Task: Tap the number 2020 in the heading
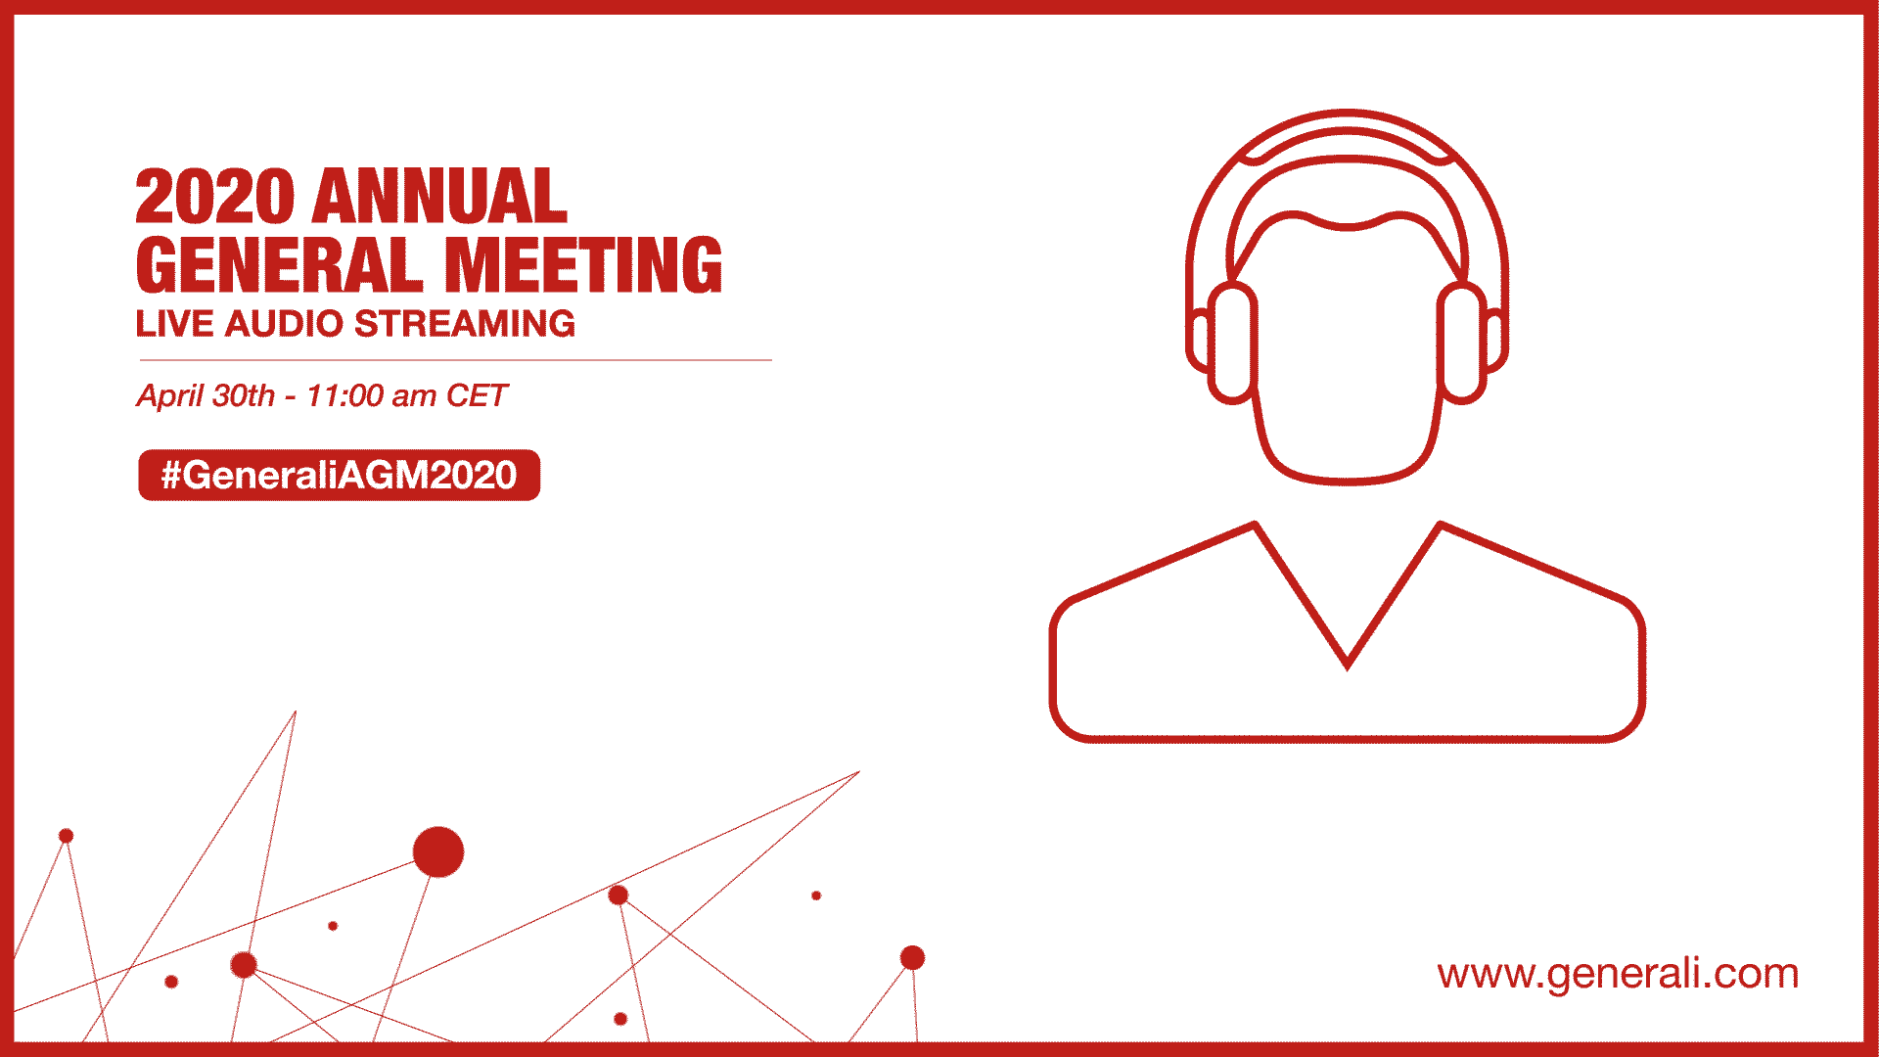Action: pos(214,197)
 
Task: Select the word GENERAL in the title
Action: pos(280,265)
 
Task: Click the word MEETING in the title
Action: pos(583,265)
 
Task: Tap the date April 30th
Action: pos(206,395)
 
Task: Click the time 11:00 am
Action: pos(371,395)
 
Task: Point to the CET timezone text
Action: pos(477,395)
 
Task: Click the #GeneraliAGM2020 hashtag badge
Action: pos(339,475)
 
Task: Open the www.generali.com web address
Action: pos(1618,974)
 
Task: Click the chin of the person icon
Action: pos(1347,480)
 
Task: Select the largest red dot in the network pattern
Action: pos(438,851)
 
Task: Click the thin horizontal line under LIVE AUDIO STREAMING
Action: pos(455,360)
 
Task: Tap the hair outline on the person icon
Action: pos(1347,227)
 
